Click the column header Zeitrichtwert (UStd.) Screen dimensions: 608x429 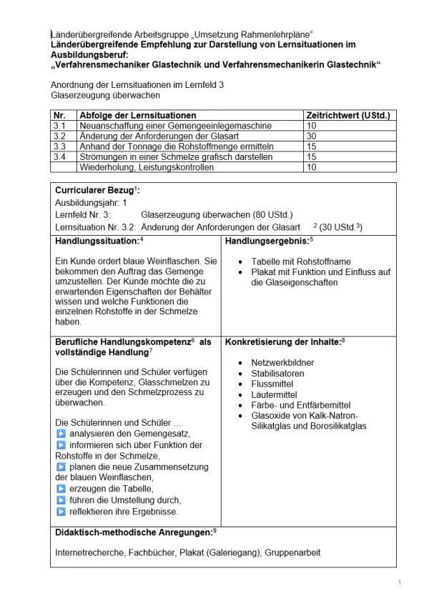346,115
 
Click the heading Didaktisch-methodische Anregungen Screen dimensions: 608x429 134,532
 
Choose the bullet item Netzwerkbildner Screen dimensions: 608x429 282,363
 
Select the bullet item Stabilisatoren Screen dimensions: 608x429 277,374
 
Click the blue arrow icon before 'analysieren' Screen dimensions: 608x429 61,434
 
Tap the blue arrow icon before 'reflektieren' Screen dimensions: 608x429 61,511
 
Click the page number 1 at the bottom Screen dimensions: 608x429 399,584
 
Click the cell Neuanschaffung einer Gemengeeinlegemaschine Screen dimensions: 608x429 165,125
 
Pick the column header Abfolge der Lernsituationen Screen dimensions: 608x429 138,115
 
